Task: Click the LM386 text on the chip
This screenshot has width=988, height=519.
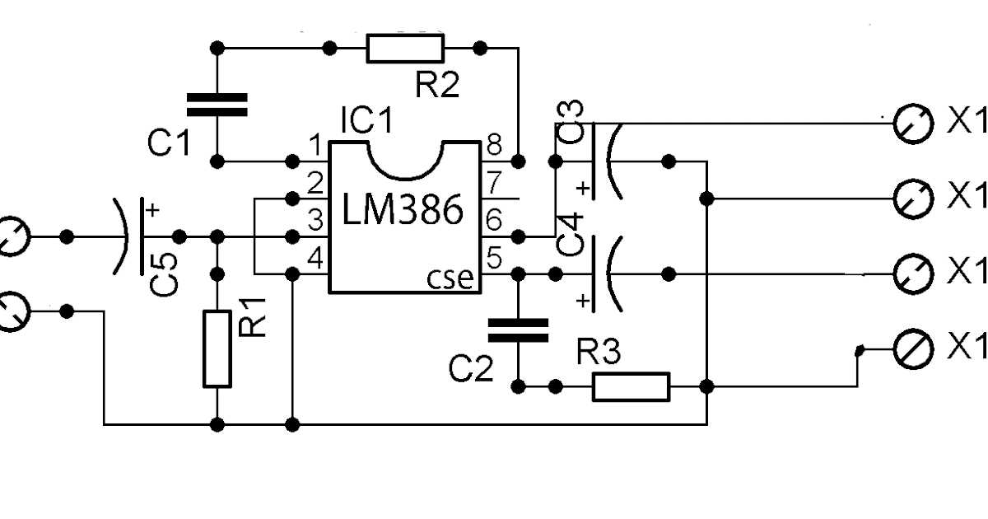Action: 403,213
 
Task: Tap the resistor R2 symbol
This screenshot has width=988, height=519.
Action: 405,49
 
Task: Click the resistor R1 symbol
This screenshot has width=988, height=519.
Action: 217,349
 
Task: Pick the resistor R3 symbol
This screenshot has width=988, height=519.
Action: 631,386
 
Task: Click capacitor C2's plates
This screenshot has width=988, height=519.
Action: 518,330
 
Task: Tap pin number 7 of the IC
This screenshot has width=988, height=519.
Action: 494,181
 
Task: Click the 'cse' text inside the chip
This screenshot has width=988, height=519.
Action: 450,278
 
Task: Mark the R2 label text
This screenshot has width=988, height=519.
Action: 438,85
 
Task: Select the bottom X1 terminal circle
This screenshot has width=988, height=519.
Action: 914,349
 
